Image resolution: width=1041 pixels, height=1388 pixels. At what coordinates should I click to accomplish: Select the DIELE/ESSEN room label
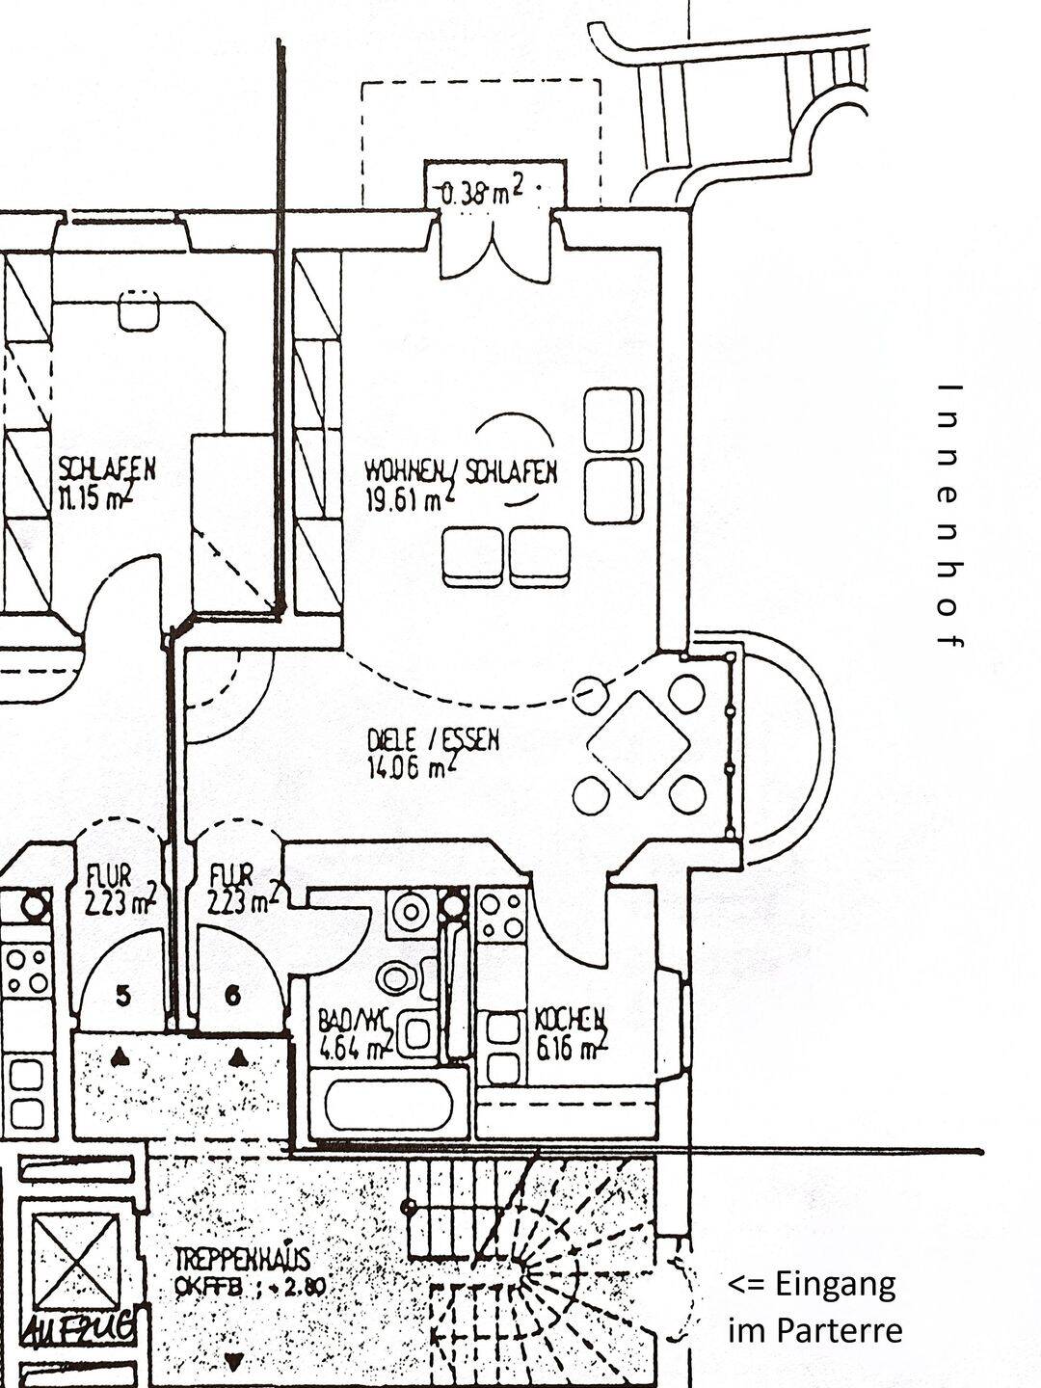pyautogui.click(x=434, y=741)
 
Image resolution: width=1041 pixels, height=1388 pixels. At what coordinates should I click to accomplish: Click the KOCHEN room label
pyautogui.click(x=571, y=1019)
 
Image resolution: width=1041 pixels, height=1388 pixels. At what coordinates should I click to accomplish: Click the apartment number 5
pyautogui.click(x=121, y=997)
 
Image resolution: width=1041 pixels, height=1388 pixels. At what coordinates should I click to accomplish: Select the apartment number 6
pyautogui.click(x=231, y=997)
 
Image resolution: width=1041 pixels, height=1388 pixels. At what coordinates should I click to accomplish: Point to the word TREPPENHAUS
pyautogui.click(x=241, y=1260)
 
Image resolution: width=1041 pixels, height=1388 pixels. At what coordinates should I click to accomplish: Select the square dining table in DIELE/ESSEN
pyautogui.click(x=639, y=744)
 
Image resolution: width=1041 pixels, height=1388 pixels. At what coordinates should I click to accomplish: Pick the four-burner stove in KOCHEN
pyautogui.click(x=502, y=917)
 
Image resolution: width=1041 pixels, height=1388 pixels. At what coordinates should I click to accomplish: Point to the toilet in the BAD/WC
pyautogui.click(x=397, y=978)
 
